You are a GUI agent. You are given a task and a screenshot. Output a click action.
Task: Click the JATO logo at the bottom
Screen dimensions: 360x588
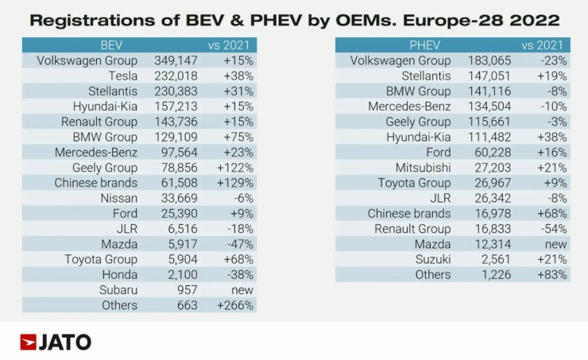56,343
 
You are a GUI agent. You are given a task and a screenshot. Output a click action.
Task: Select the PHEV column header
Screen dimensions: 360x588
424,45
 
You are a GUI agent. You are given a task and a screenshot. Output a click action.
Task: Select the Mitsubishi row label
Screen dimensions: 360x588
423,168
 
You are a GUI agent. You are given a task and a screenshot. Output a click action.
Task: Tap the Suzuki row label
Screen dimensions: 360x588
432,259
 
